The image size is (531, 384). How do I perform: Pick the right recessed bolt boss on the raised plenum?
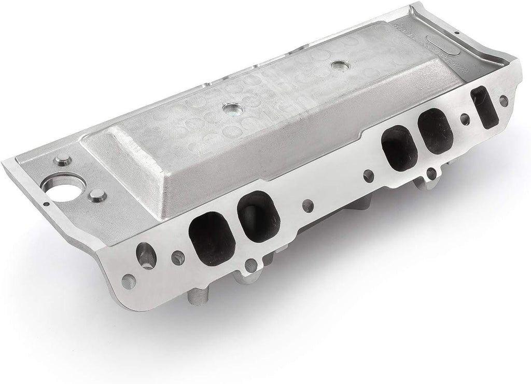(339, 66)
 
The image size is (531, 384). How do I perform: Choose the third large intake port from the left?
(399, 148)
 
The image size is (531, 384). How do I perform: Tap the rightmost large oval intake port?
(436, 131)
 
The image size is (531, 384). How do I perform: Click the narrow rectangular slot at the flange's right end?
(485, 107)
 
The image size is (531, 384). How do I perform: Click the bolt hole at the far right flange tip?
(503, 101)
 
